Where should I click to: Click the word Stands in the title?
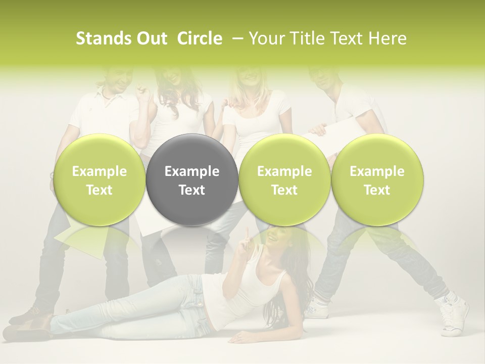pyautogui.click(x=99, y=38)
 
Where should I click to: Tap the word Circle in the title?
pyautogui.click(x=200, y=38)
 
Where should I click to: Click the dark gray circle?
pyautogui.click(x=192, y=180)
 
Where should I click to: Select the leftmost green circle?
pyautogui.click(x=100, y=180)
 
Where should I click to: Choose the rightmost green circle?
pyautogui.click(x=377, y=180)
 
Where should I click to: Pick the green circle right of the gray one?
pyautogui.click(x=284, y=180)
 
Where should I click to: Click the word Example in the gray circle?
pyautogui.click(x=192, y=171)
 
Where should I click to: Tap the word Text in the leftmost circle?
pyautogui.click(x=100, y=190)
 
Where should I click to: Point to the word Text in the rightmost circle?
pyautogui.click(x=377, y=190)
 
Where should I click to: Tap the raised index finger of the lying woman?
pyautogui.click(x=247, y=234)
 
